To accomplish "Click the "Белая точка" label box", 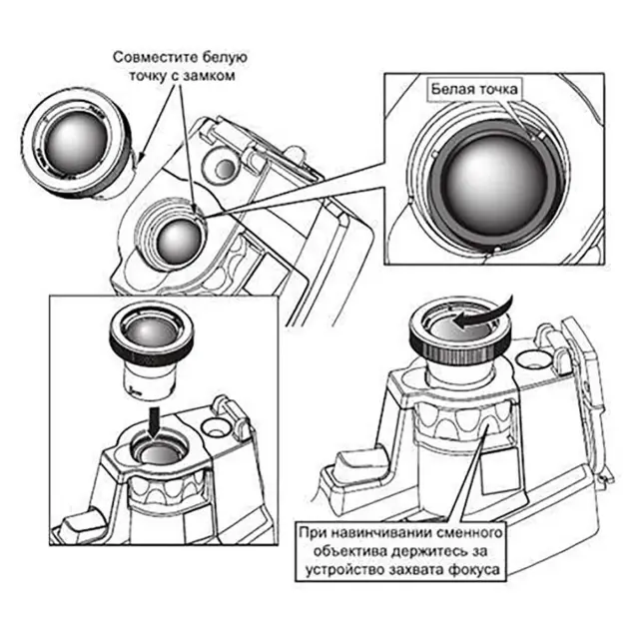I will pos(474,89).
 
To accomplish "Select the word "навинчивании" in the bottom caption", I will pos(372,535).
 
